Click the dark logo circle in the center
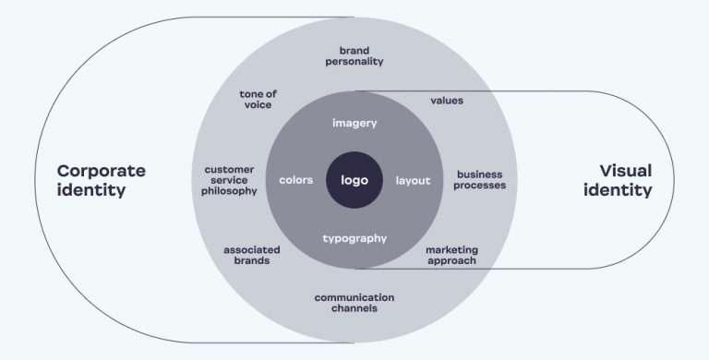tap(354, 180)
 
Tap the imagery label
tap(354, 123)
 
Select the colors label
tap(296, 180)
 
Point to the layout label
tap(413, 180)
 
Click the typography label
tap(354, 238)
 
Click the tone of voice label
tap(258, 99)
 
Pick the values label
tap(447, 100)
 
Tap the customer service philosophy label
tap(231, 180)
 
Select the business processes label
tap(480, 179)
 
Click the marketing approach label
tap(451, 255)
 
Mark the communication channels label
tap(354, 302)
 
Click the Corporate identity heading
tap(102, 181)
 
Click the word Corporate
tap(102, 171)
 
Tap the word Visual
tap(625, 171)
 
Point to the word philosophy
tap(231, 191)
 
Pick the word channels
tap(354, 308)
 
